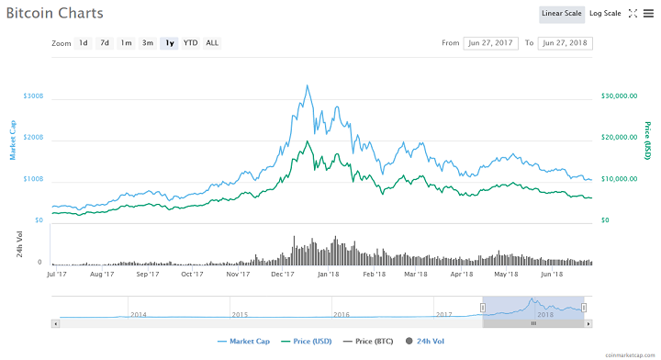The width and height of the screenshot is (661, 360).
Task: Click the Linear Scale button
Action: (x=561, y=14)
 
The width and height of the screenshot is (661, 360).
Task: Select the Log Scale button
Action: (x=605, y=14)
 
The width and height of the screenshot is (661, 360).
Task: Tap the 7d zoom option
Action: (x=105, y=43)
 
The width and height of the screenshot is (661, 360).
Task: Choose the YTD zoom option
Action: (x=190, y=43)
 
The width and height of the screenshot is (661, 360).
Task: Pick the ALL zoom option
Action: (x=212, y=43)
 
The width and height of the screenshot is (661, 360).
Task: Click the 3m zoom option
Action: (x=147, y=43)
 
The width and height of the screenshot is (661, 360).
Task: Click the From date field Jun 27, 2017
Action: (x=491, y=43)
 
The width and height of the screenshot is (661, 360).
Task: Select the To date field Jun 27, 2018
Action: (x=565, y=43)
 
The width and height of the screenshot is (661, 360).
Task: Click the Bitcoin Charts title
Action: (x=54, y=14)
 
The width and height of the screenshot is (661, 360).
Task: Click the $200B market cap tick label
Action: (x=33, y=137)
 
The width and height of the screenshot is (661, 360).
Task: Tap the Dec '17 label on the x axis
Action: (x=281, y=274)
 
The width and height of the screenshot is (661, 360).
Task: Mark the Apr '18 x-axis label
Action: (x=462, y=274)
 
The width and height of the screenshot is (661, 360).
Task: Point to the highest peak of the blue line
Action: (x=306, y=85)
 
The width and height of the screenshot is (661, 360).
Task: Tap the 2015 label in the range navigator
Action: (x=240, y=314)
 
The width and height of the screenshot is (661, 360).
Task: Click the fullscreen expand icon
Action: (x=633, y=14)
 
